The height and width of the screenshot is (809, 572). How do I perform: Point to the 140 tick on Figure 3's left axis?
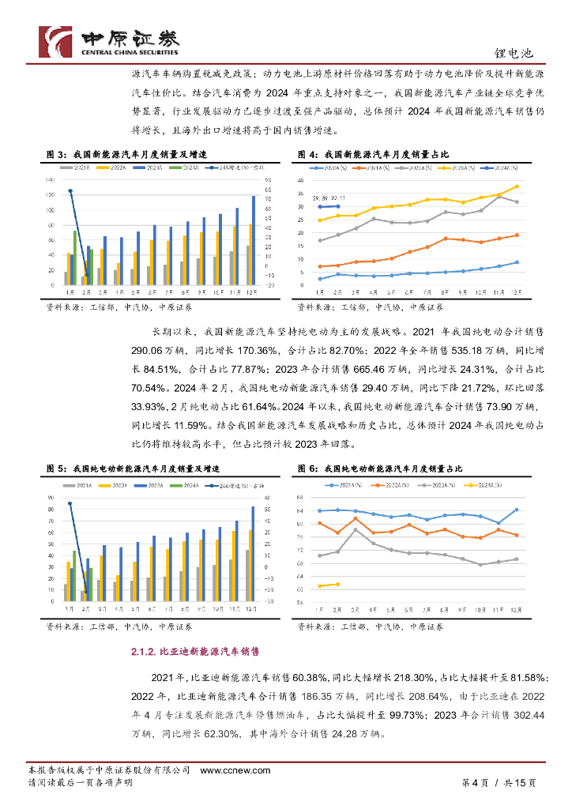tap(51, 180)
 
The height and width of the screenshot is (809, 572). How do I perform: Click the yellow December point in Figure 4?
tap(517, 186)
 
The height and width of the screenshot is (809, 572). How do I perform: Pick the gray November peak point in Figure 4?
tap(499, 196)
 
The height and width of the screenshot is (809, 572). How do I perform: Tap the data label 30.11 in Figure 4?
tap(338, 198)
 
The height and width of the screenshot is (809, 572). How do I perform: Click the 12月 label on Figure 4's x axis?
tap(517, 292)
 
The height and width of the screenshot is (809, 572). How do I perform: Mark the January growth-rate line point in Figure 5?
tap(70, 503)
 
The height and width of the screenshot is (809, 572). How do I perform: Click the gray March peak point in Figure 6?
tap(356, 529)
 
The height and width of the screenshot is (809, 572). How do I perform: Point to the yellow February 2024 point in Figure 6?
tap(338, 584)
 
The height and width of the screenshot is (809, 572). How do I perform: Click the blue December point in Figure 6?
tap(517, 510)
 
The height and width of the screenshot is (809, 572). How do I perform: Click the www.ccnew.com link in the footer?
tap(235, 770)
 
